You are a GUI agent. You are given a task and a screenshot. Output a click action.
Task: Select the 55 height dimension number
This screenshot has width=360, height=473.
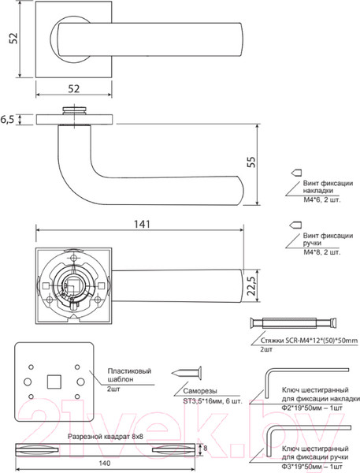(251, 162)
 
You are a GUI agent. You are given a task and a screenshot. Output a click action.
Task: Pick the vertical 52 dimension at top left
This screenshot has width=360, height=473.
(10, 40)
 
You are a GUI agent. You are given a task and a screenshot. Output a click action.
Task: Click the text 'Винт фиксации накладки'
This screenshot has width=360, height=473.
(323, 186)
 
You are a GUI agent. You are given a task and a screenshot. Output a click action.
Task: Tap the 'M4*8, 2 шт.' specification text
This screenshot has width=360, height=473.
(322, 252)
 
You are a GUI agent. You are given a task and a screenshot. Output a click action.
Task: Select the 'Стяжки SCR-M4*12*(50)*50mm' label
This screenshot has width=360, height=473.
(308, 340)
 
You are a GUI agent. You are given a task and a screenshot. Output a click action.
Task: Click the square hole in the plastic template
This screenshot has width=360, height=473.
(53, 382)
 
